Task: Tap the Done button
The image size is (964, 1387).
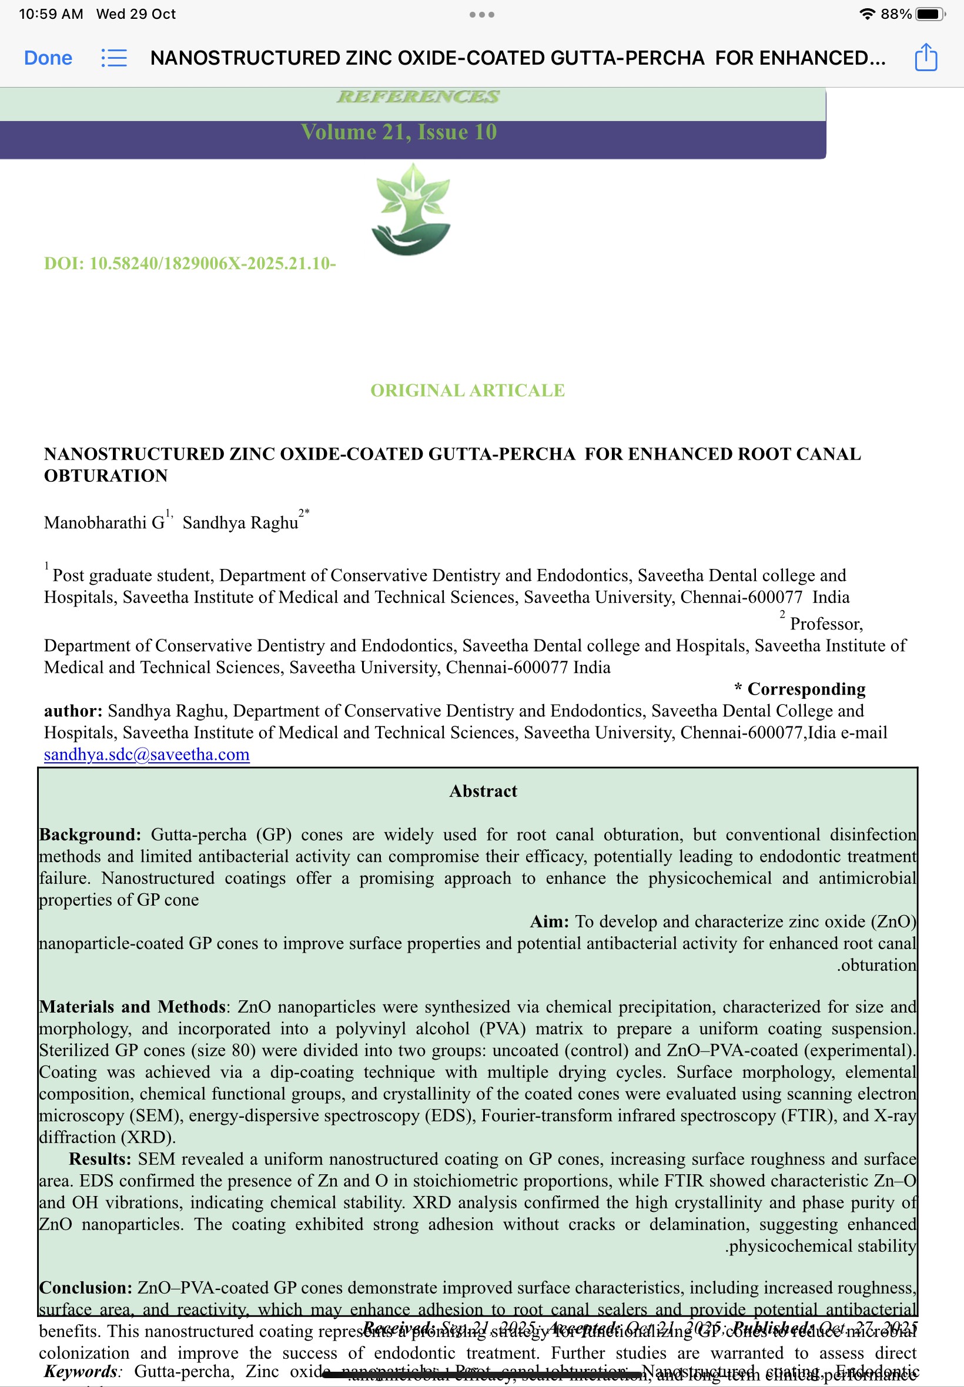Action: (x=48, y=58)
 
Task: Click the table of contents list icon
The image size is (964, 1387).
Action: (x=113, y=58)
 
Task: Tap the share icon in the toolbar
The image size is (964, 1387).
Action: (x=925, y=58)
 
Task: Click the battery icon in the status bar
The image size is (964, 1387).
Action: (x=930, y=14)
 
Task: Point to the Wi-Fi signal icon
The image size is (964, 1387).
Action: (x=867, y=14)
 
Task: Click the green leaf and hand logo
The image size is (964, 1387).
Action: (x=411, y=209)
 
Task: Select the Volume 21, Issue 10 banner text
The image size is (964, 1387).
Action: (x=399, y=132)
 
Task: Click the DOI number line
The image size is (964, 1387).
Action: (x=190, y=263)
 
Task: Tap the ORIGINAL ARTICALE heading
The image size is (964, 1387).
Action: (x=467, y=391)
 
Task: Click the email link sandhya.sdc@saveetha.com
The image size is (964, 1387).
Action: (x=147, y=754)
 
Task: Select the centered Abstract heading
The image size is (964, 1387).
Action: (x=483, y=791)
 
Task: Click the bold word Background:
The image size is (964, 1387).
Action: (x=90, y=835)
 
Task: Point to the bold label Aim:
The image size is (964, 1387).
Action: (x=549, y=922)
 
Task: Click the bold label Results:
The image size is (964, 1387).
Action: (x=100, y=1159)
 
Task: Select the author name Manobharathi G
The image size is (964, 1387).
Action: (x=104, y=522)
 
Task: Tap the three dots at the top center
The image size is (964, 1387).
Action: (x=481, y=15)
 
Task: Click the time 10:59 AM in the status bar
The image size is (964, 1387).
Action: (x=51, y=14)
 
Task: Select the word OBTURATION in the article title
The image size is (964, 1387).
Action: (x=106, y=476)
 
